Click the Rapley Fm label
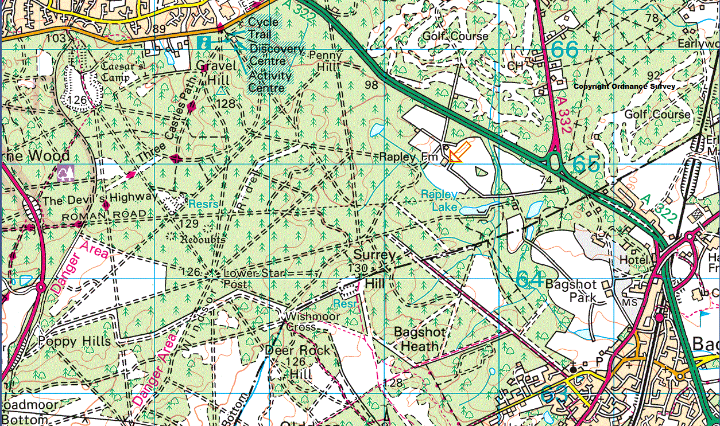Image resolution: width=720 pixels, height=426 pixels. (409, 157)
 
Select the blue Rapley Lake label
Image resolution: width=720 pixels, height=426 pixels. (439, 201)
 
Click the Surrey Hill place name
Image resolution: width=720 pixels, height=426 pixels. (375, 268)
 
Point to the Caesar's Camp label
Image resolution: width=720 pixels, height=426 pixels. (122, 67)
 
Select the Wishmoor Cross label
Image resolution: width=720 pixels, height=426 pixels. (302, 321)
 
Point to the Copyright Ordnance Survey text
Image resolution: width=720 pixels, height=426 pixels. (625, 87)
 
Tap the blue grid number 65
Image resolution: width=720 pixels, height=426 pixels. (586, 165)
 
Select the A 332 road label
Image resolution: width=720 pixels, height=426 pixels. (563, 115)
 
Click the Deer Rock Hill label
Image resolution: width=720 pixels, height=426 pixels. (297, 361)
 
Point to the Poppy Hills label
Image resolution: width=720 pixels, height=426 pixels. (74, 341)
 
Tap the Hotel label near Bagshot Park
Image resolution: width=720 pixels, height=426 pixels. (634, 260)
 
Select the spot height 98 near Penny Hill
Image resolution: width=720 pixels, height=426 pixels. (371, 85)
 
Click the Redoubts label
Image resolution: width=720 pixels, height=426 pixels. (202, 238)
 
